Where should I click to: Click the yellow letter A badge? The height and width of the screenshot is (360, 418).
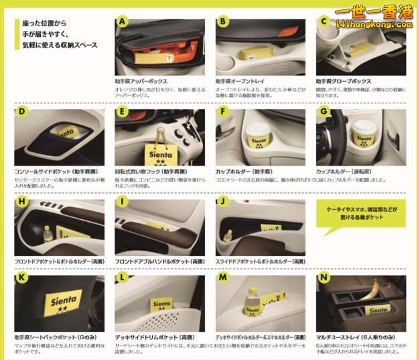[x=121, y=21]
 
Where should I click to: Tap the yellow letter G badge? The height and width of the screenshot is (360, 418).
[x=323, y=111]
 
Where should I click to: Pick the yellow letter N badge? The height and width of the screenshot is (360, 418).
[x=324, y=277]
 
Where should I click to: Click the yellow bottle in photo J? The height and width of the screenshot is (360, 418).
[x=228, y=236]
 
